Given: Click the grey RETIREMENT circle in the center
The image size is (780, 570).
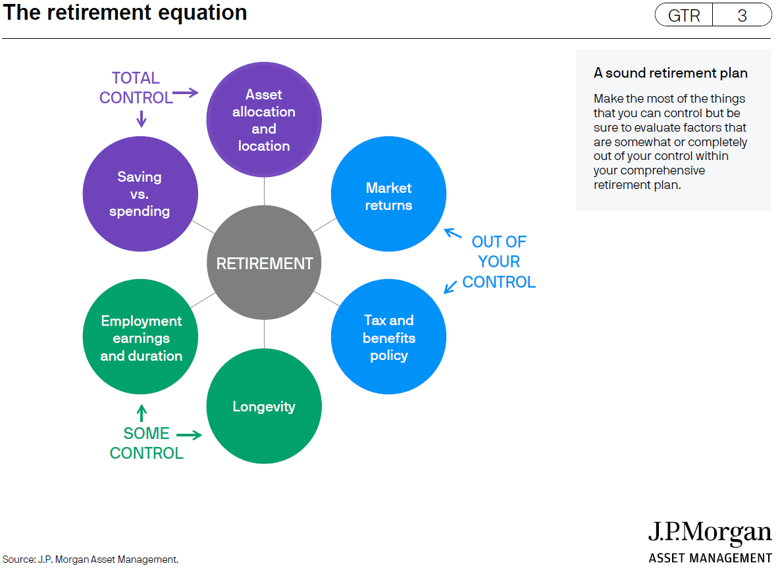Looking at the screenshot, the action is pyautogui.click(x=264, y=263).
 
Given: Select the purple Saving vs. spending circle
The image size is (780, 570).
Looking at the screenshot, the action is pyautogui.click(x=140, y=194).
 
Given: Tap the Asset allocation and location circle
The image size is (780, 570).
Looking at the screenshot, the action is pyautogui.click(x=264, y=119).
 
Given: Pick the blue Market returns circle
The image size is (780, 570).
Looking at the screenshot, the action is pyautogui.click(x=388, y=194).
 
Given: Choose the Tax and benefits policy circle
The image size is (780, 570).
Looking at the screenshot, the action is pyautogui.click(x=388, y=337).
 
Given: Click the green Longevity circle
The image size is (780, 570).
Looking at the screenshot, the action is pyautogui.click(x=264, y=406).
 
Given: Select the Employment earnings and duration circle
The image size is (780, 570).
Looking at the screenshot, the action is pyautogui.click(x=140, y=337).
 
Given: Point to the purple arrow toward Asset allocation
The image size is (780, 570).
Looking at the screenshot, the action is pyautogui.click(x=186, y=93).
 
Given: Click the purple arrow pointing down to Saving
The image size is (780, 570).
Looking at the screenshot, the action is pyautogui.click(x=142, y=119).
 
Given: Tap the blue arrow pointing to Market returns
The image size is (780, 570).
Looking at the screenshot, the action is pyautogui.click(x=453, y=233).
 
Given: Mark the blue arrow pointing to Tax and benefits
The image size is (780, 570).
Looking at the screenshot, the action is pyautogui.click(x=450, y=287).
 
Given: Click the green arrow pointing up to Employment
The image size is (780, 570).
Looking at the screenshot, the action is pyautogui.click(x=142, y=413).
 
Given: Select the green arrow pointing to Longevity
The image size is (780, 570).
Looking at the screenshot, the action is pyautogui.click(x=189, y=435).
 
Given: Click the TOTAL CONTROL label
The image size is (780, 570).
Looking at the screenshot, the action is pyautogui.click(x=136, y=88).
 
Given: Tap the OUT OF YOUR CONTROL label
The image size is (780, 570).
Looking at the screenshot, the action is pyautogui.click(x=499, y=261).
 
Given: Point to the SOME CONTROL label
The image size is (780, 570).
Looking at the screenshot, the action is pyautogui.click(x=146, y=443).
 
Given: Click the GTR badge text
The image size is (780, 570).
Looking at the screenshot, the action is pyautogui.click(x=684, y=15).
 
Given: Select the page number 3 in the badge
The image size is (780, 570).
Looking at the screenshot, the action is pyautogui.click(x=742, y=15).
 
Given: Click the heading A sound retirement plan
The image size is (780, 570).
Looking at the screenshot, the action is pyautogui.click(x=671, y=73).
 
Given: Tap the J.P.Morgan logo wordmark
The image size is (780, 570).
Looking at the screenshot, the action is pyautogui.click(x=710, y=532).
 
